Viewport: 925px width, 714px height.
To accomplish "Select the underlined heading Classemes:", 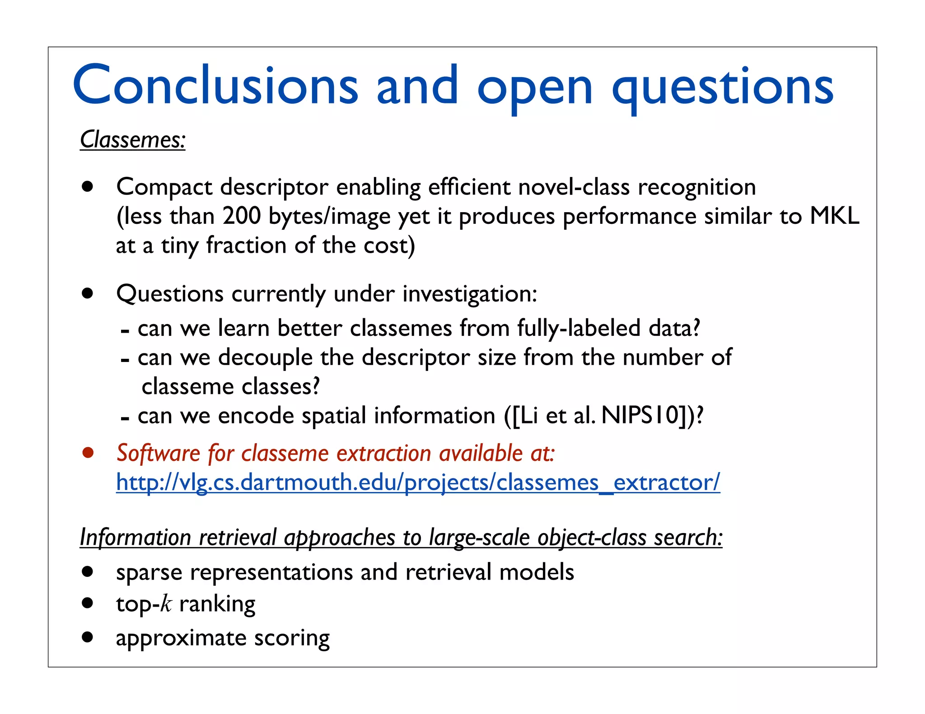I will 132,139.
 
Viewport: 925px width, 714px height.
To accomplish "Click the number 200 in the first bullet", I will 242,216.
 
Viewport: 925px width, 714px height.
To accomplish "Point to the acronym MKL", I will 834,216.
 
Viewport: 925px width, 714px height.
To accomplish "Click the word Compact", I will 164,187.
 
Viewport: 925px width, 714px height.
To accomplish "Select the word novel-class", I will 574,187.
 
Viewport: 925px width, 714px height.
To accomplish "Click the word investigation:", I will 470,294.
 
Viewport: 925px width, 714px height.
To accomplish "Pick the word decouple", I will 265,357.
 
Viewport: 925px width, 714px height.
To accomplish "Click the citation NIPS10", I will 640,415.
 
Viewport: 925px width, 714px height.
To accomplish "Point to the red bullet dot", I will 88,452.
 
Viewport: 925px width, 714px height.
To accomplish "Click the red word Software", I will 158,453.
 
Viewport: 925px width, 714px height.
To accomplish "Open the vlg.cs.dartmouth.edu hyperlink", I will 418,482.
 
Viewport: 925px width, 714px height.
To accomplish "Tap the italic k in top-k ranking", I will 166,604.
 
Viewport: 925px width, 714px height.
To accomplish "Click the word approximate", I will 181,639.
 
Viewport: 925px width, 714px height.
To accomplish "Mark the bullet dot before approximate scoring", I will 88,637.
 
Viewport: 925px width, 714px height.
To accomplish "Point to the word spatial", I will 333,416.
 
